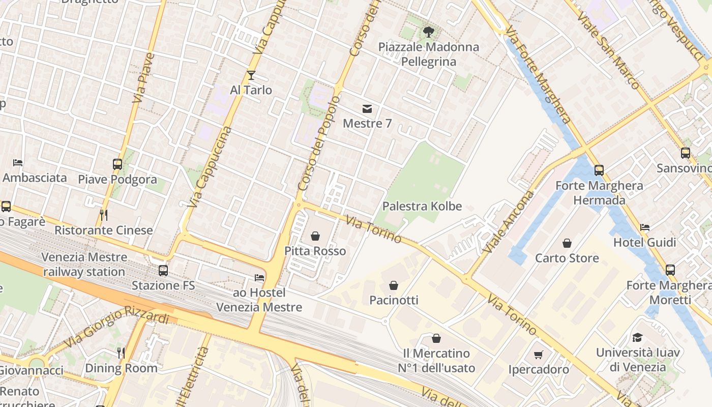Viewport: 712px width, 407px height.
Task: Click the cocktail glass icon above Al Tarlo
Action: click(251, 75)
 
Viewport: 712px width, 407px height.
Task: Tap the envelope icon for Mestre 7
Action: click(367, 108)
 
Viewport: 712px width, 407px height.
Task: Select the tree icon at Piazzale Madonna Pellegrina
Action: click(428, 32)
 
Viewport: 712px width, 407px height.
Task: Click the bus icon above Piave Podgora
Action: click(117, 164)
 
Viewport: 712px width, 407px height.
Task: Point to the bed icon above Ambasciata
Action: click(18, 163)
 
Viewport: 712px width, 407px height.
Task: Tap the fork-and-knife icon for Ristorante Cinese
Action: click(104, 215)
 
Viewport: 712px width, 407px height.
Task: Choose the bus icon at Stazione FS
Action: click(163, 271)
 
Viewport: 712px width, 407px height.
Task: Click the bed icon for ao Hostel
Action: click(259, 278)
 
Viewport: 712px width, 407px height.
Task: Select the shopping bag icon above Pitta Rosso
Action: click(315, 236)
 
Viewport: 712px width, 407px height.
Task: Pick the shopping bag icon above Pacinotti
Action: click(394, 285)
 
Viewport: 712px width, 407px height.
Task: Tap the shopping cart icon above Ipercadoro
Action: click(539, 355)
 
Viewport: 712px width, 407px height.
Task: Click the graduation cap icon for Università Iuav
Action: click(637, 337)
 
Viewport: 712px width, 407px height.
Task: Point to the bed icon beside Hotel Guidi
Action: click(645, 227)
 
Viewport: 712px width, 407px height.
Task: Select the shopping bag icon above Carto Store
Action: click(567, 243)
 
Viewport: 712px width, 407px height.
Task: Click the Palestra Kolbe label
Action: click(422, 206)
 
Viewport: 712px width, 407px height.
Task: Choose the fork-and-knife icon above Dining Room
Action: click(121, 353)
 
